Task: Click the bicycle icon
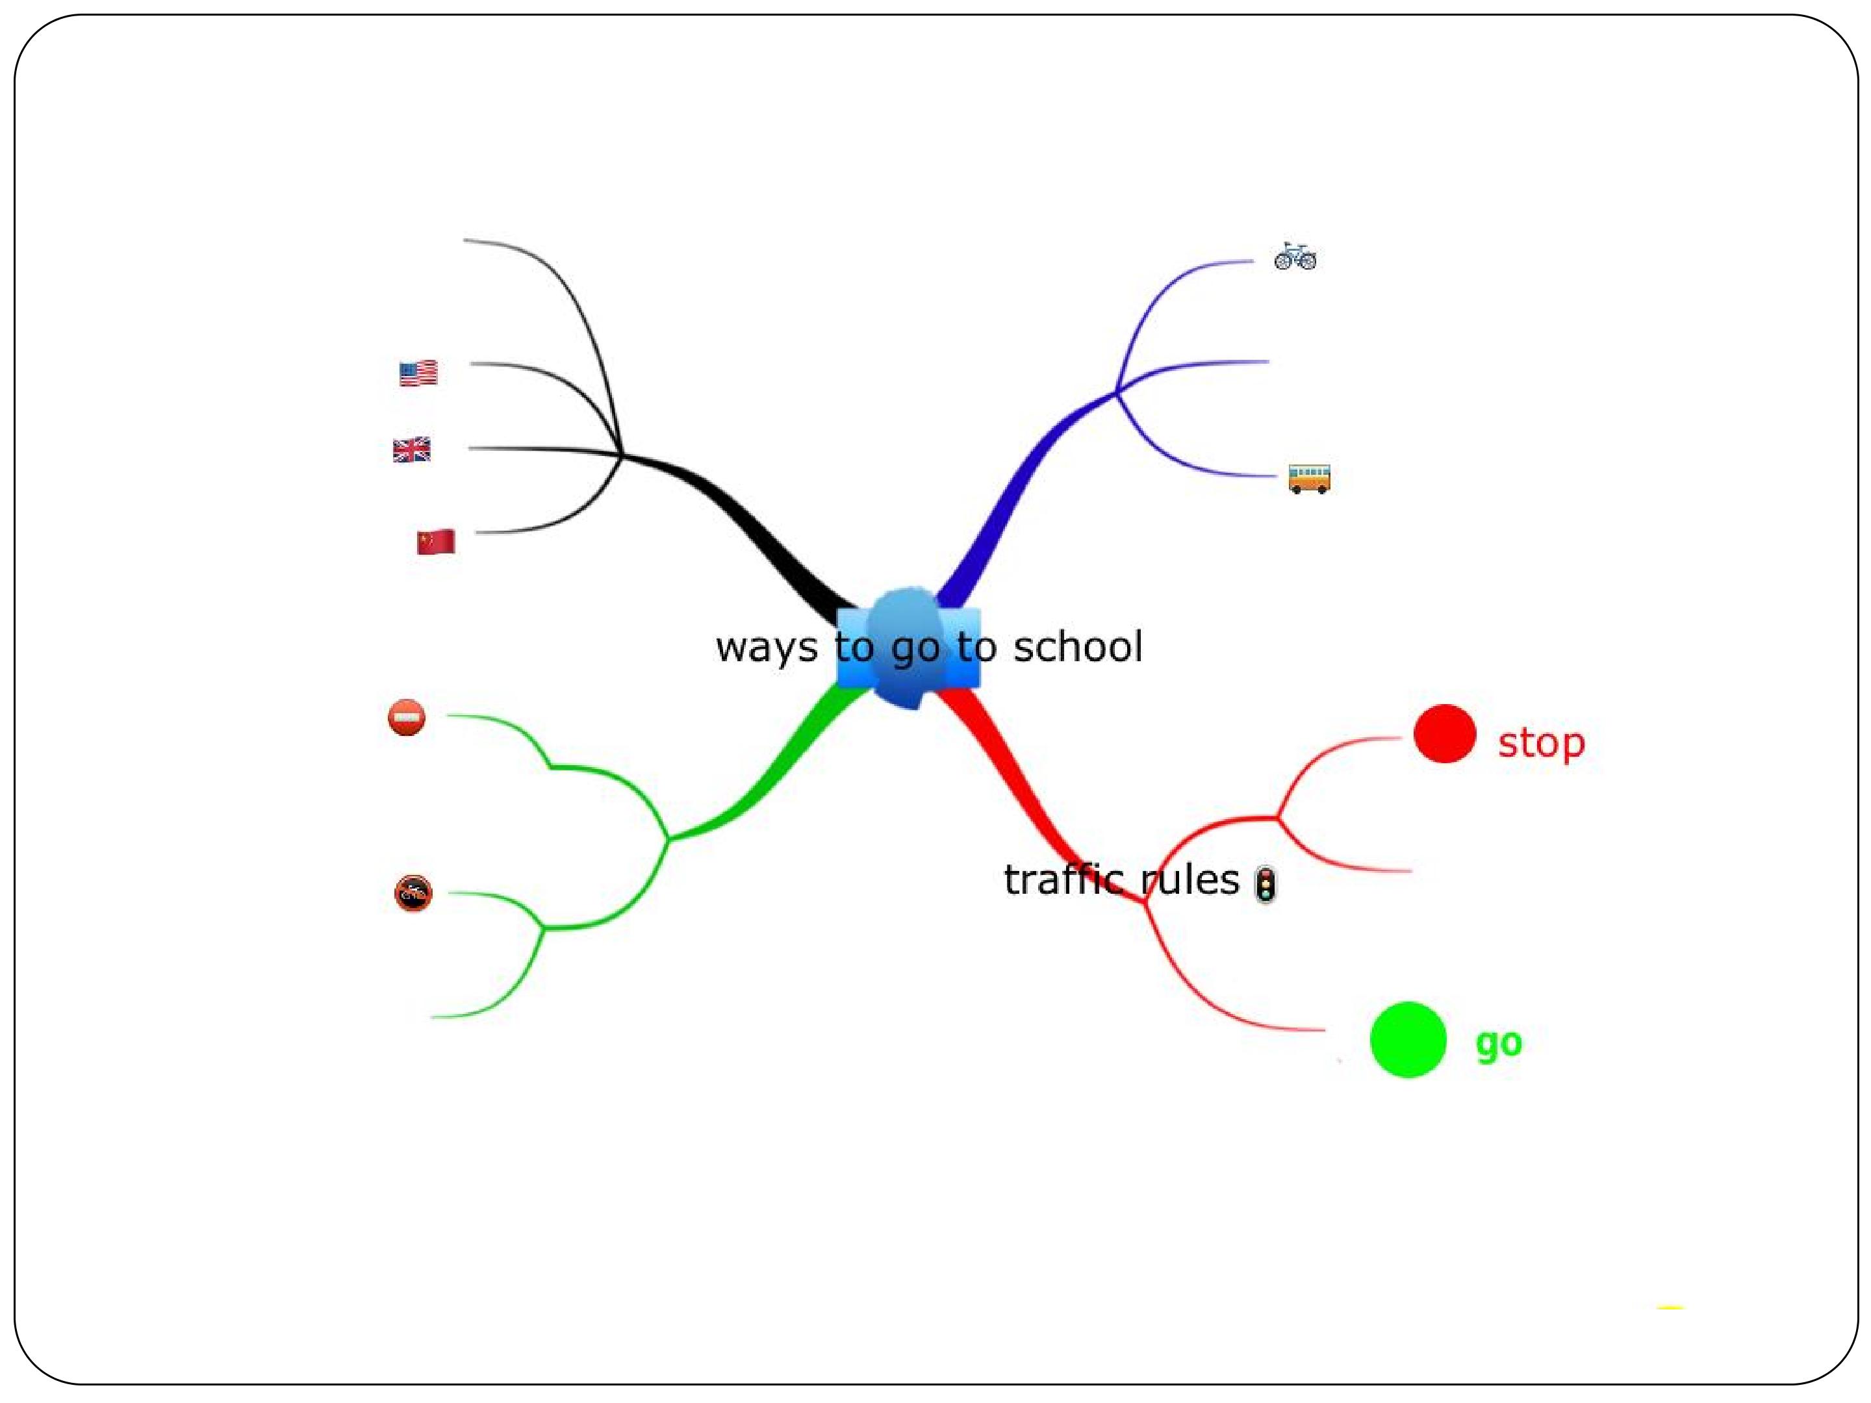1295,255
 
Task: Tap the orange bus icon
1308,478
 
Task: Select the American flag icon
418,373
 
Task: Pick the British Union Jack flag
412,450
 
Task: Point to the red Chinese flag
436,541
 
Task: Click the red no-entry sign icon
406,717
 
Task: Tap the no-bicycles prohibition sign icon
414,893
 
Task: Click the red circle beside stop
1445,733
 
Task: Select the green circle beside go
1408,1039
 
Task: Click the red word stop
1541,743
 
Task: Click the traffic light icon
1266,885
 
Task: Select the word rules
1190,879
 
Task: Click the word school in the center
1078,647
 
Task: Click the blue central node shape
908,648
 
